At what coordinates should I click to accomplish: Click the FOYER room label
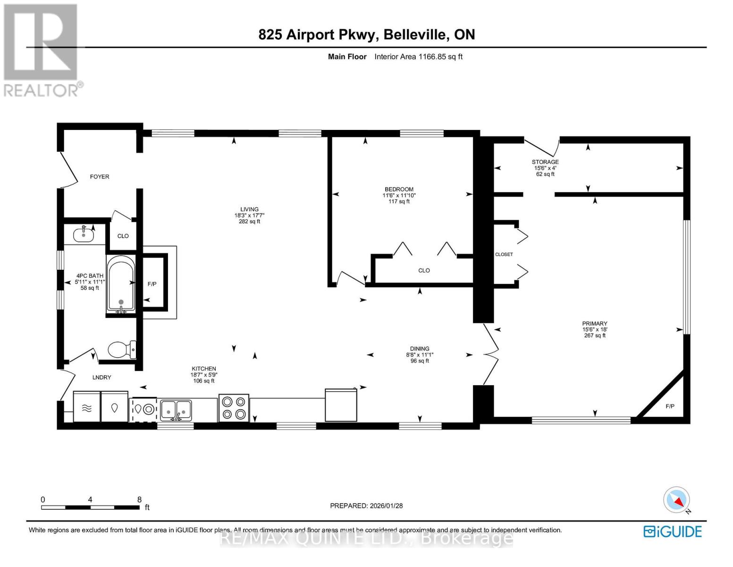click(x=100, y=177)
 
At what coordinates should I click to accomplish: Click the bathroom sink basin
click(x=84, y=233)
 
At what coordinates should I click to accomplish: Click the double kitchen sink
click(x=176, y=410)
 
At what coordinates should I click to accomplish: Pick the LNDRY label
click(x=101, y=377)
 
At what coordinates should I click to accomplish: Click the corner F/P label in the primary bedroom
click(x=670, y=406)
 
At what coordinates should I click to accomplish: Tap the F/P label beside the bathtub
click(x=152, y=284)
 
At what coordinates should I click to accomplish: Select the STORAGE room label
click(x=545, y=162)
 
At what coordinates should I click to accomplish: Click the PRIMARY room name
click(x=594, y=324)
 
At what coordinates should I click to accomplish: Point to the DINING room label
click(x=420, y=349)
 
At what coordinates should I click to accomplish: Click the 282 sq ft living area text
click(x=249, y=222)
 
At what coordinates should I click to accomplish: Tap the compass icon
click(x=677, y=500)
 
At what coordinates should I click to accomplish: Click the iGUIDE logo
click(x=673, y=532)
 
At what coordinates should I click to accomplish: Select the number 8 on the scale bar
click(x=139, y=499)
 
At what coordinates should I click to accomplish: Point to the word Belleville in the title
click(x=414, y=34)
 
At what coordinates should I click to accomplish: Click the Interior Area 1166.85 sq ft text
click(x=418, y=57)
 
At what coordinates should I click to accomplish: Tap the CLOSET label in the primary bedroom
click(x=504, y=254)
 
